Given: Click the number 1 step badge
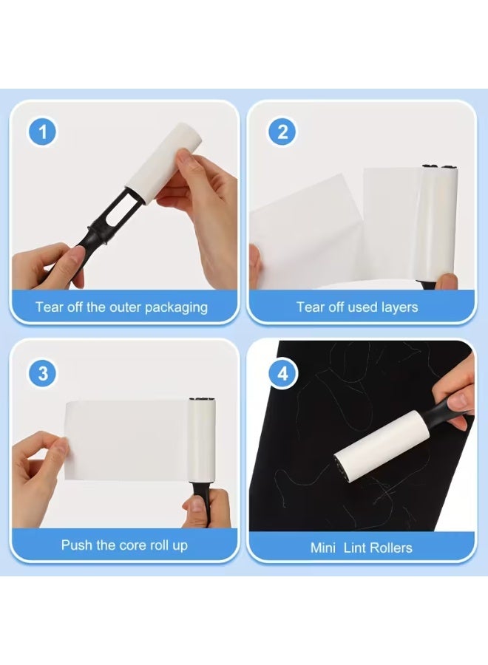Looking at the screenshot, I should [43, 133].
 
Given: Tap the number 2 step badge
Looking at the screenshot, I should [282, 133].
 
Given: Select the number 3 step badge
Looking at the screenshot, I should [43, 373].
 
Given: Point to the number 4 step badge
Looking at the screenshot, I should [282, 373].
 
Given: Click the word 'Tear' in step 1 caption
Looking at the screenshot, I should [49, 307].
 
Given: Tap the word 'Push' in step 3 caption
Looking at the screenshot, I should [76, 546].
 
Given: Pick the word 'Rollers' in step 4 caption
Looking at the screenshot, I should [388, 548].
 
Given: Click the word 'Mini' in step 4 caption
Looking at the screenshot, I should [324, 548].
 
